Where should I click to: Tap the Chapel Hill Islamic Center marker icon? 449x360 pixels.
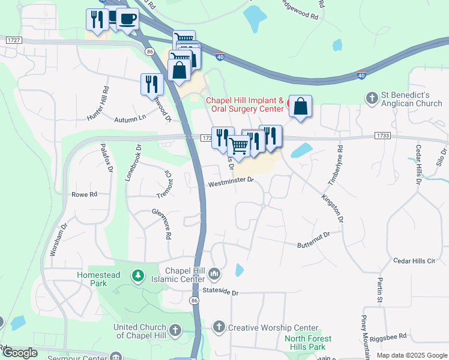[215, 275]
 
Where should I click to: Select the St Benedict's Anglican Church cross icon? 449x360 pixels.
[372, 97]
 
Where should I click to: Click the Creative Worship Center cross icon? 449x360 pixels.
[219, 327]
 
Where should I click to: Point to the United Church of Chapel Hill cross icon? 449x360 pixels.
[175, 329]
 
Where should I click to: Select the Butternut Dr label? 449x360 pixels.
[314, 239]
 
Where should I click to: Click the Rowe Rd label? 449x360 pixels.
[84, 194]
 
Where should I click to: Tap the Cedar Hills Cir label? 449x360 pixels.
[414, 260]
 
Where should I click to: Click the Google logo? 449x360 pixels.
[20, 353]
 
